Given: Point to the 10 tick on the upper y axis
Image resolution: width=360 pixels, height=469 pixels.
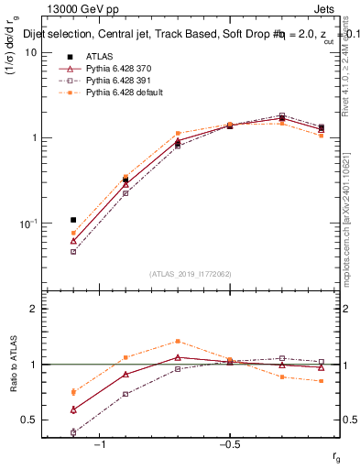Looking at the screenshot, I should [31, 52].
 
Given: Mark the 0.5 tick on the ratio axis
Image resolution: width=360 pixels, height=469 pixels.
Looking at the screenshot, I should [29, 420].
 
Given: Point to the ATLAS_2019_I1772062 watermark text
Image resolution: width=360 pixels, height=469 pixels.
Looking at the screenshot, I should [191, 274].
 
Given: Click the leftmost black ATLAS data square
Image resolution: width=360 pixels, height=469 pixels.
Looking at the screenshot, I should [73, 220].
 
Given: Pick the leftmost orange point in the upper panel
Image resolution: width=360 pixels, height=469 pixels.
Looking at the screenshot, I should [73, 233].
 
